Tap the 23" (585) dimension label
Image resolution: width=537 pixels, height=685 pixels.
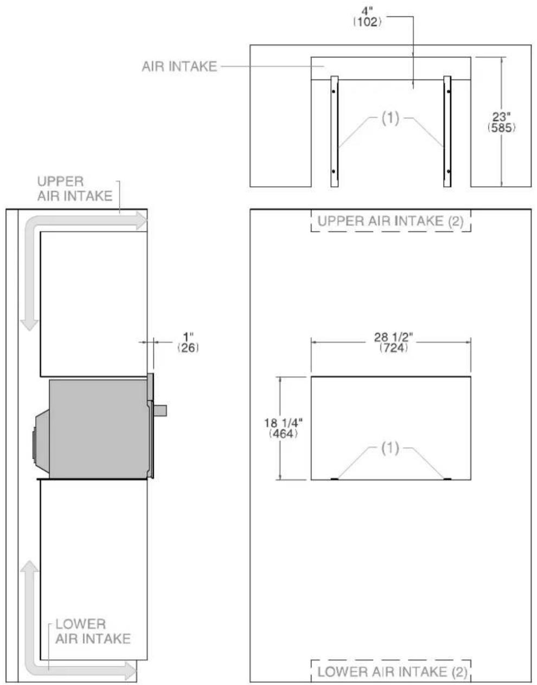501,122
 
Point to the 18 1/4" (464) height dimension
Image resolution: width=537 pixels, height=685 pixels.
284,428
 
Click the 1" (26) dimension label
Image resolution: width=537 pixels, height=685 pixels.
188,342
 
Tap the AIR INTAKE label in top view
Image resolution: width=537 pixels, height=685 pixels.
180,67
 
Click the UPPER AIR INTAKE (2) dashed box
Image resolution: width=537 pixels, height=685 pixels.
391,221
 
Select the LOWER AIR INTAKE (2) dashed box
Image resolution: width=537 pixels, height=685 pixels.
391,671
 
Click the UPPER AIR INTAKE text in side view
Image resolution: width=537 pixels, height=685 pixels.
75,188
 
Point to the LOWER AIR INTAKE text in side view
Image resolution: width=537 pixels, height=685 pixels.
93,631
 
